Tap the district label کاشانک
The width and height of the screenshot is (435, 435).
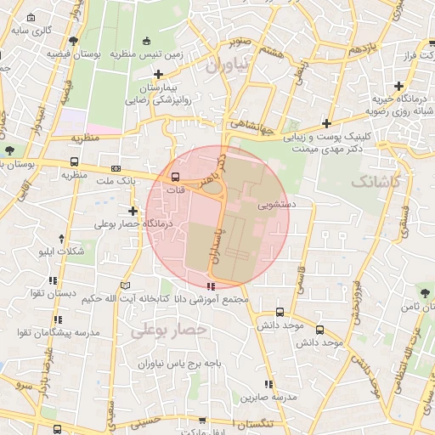(x=373, y=182)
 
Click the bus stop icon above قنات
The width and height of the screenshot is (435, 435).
(x=176, y=178)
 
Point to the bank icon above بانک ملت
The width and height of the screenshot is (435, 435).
(x=116, y=168)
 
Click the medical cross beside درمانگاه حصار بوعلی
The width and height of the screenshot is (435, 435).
(x=133, y=211)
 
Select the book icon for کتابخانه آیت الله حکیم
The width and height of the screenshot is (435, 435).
(x=127, y=286)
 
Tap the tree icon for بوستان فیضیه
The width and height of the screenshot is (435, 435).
(x=75, y=40)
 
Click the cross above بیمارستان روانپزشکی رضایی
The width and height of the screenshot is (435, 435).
(x=158, y=74)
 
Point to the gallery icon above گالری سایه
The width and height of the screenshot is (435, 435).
(x=31, y=18)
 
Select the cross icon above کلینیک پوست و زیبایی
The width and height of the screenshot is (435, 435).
(x=325, y=124)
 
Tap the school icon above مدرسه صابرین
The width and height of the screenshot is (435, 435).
(x=270, y=384)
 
